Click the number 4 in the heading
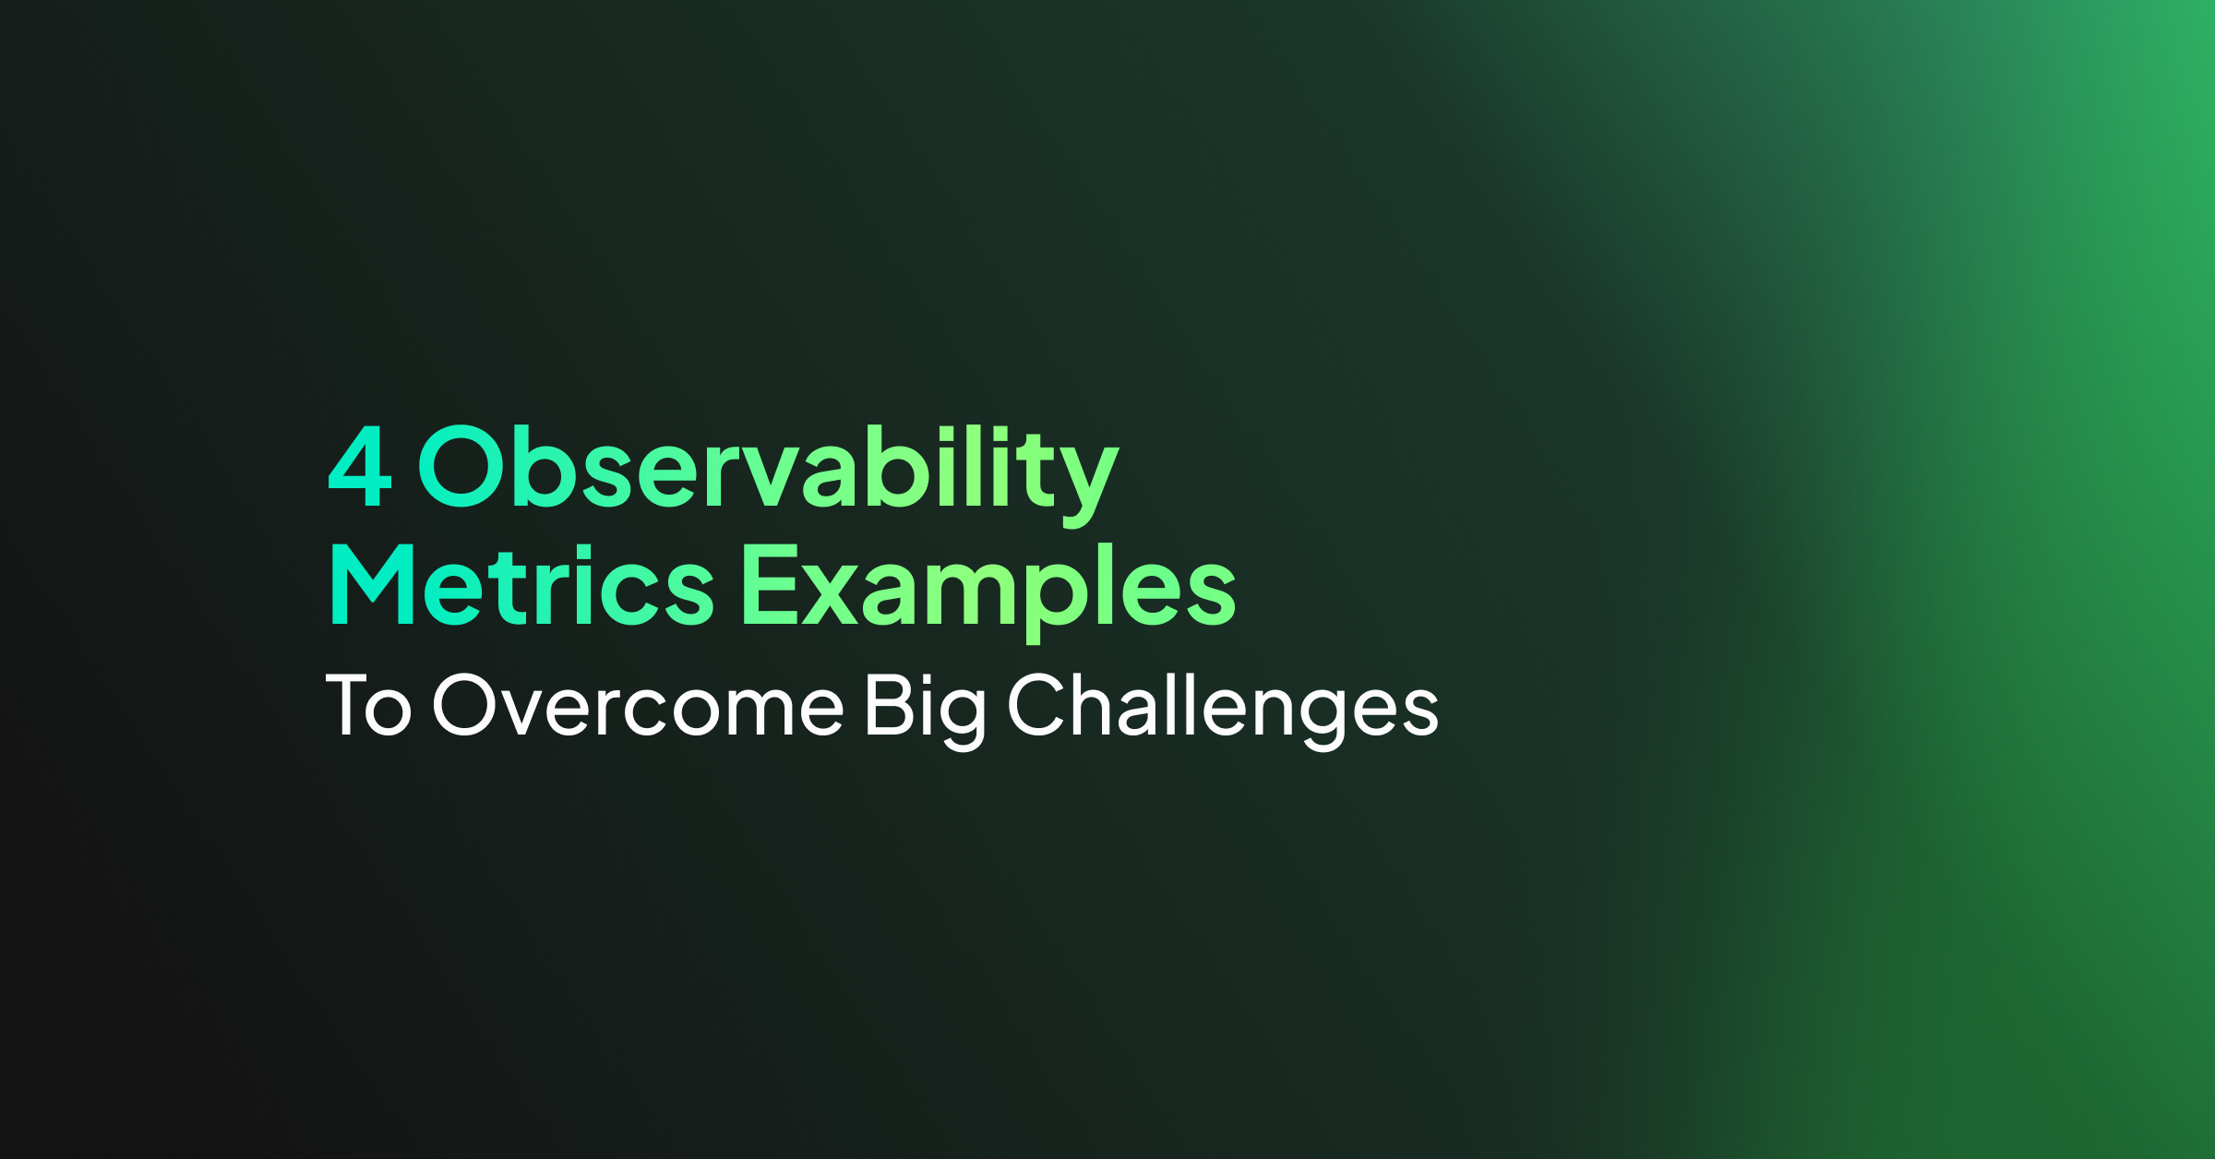[x=360, y=467]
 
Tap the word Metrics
[x=522, y=584]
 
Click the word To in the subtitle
[x=368, y=705]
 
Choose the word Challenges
[x=1223, y=710]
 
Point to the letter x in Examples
[x=830, y=596]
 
